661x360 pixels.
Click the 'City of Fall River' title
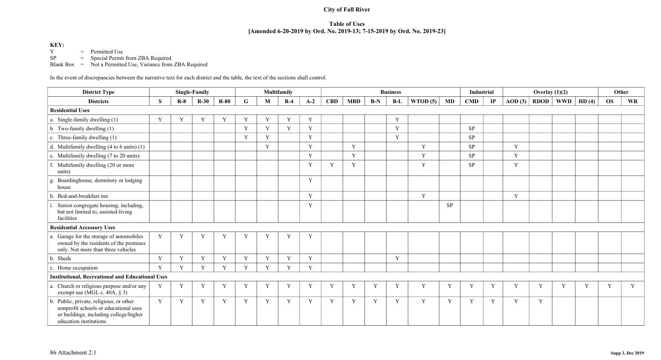pos(346,9)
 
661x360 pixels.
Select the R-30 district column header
pos(203,101)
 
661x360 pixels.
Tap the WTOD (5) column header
pos(423,101)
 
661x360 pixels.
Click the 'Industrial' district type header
pos(481,92)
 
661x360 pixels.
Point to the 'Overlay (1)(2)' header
pos(550,92)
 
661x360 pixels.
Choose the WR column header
pos(632,101)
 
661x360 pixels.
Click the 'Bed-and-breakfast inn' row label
pos(82,196)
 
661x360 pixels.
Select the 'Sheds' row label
pos(64,259)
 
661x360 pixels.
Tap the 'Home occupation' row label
pos(77,268)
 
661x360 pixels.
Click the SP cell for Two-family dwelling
pos(472,129)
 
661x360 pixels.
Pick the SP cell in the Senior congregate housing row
pos(449,205)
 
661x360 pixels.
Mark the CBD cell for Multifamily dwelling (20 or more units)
pos(332,165)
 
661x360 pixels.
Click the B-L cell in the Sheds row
pos(397,259)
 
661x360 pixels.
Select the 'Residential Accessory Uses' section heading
pos(82,228)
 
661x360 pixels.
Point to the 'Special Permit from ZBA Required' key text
pos(131,58)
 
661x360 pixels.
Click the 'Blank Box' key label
pos(62,65)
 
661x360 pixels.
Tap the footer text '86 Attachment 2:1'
pos(73,352)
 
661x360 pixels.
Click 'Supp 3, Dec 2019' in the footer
pos(627,353)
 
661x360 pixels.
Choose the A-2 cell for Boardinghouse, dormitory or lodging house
pos(310,180)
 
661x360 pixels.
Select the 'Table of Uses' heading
pos(347,24)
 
